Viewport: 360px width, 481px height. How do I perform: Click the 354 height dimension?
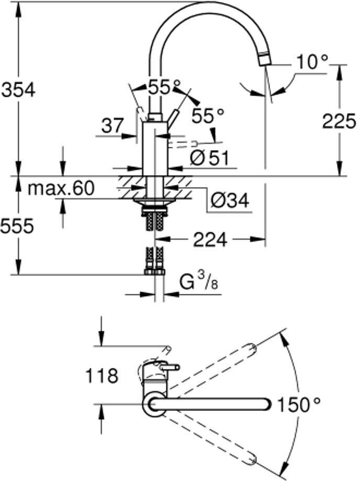tap(18, 90)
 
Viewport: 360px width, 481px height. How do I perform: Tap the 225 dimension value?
tap(339, 121)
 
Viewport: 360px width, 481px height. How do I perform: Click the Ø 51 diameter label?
tap(209, 158)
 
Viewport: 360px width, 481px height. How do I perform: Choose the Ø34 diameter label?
tap(230, 200)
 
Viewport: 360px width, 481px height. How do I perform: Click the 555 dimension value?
tap(17, 226)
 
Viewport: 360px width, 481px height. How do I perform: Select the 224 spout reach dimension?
tap(210, 239)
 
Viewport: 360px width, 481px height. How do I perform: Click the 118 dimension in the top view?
tap(102, 375)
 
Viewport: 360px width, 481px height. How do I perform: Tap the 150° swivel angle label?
tap(299, 404)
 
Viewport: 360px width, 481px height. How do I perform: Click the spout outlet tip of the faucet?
tap(265, 59)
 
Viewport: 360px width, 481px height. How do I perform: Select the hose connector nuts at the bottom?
tap(154, 272)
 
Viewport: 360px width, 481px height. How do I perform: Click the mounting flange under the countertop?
tap(154, 201)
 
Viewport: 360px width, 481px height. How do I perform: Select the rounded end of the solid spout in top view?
tap(266, 404)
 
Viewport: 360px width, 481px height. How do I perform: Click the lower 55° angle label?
tap(208, 116)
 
